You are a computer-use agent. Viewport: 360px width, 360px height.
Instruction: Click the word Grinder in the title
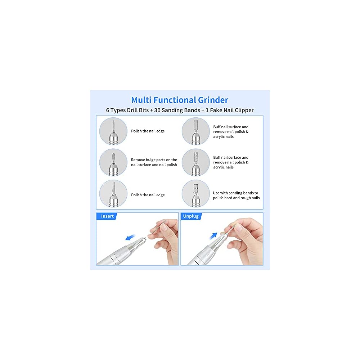click(x=213, y=100)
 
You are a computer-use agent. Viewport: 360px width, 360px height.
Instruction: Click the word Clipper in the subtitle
click(x=243, y=110)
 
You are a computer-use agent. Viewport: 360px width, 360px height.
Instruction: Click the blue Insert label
click(x=107, y=216)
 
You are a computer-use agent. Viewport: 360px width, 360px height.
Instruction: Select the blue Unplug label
click(x=191, y=216)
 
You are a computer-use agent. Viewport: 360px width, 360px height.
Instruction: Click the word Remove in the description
click(x=138, y=160)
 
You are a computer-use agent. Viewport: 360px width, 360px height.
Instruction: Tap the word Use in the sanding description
click(x=217, y=193)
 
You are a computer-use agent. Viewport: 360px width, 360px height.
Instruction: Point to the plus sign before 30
click(x=152, y=110)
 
